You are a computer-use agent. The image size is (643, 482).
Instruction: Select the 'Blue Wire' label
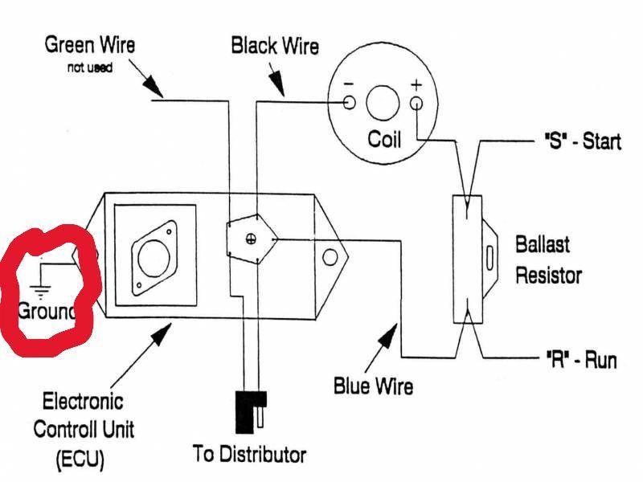pyautogui.click(x=372, y=386)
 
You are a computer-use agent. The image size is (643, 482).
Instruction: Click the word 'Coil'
pyautogui.click(x=384, y=139)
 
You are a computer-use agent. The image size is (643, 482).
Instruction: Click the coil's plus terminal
pyautogui.click(x=416, y=103)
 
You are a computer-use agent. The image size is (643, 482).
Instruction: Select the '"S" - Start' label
pyautogui.click(x=578, y=142)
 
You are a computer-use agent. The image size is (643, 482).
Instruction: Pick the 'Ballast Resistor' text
pyautogui.click(x=548, y=259)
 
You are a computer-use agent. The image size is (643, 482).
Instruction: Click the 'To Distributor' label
pyautogui.click(x=249, y=455)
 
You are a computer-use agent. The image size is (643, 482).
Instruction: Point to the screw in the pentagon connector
pyautogui.click(x=250, y=239)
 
